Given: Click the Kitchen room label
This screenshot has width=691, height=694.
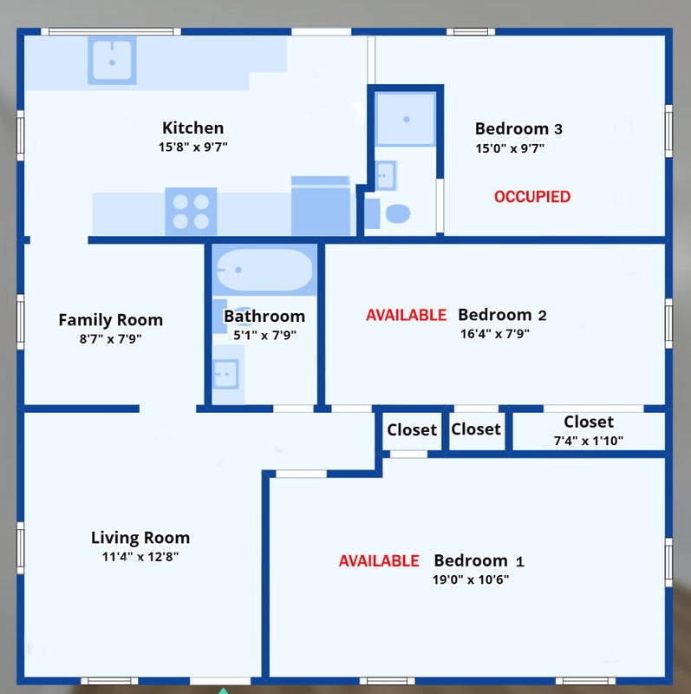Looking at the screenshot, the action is (x=192, y=128).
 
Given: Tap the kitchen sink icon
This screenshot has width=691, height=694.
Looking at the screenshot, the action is (x=112, y=60).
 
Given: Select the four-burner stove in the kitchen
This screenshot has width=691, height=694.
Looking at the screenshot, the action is (x=191, y=211).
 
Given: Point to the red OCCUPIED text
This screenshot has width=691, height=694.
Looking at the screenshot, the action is (x=532, y=197).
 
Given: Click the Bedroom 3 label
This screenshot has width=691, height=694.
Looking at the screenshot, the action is (x=518, y=128).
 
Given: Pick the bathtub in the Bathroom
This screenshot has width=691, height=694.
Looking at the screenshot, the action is (x=264, y=270).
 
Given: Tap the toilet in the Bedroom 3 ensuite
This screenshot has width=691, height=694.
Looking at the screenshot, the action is (x=397, y=213).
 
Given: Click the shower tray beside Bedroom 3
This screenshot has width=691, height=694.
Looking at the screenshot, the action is (x=405, y=119).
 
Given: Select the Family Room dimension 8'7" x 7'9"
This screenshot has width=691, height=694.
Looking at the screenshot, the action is (x=111, y=338).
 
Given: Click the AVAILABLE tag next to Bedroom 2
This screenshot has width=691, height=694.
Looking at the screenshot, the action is (x=406, y=315).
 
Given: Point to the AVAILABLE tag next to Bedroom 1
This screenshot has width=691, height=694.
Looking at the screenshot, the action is (x=379, y=560).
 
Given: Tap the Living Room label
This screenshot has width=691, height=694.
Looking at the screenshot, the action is (x=140, y=537).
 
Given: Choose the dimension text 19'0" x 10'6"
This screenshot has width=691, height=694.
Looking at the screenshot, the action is (x=471, y=579).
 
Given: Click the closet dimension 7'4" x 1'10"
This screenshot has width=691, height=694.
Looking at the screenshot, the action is (x=589, y=441).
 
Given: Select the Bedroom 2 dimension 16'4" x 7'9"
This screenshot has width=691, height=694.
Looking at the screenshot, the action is (x=494, y=334).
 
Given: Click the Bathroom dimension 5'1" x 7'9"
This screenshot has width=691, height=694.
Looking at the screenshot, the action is (x=264, y=335).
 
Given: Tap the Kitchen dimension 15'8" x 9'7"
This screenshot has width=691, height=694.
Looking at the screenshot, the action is (x=192, y=147).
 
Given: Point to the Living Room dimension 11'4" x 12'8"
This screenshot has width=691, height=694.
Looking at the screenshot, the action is (x=140, y=556).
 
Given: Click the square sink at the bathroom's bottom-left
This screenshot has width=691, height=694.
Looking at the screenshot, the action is (x=225, y=374).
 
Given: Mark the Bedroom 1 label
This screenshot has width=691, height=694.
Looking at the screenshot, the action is (x=479, y=560).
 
